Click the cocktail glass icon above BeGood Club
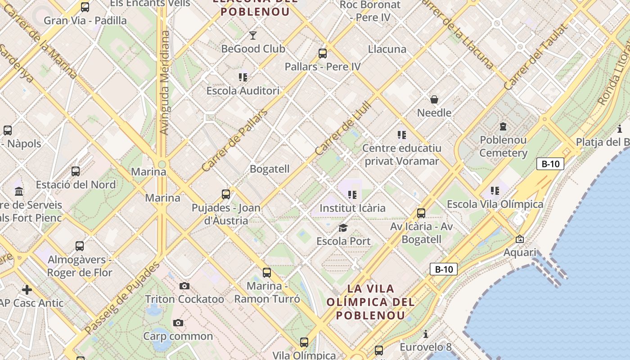point(253,35)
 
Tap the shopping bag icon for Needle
point(434,99)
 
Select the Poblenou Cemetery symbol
point(503,126)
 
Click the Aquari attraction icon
point(520,239)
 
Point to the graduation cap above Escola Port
point(343,228)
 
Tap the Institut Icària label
point(352,208)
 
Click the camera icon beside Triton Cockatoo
point(184,286)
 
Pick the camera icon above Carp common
point(178,323)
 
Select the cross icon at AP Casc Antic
point(27,289)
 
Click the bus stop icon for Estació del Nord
point(76,171)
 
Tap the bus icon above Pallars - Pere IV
point(322,53)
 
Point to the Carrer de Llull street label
point(343,129)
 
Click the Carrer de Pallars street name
point(234,140)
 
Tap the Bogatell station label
point(270,169)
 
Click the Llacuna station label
point(387,49)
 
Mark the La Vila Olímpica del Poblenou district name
point(371,301)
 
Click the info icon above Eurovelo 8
point(426,334)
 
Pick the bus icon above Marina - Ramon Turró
point(267,272)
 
